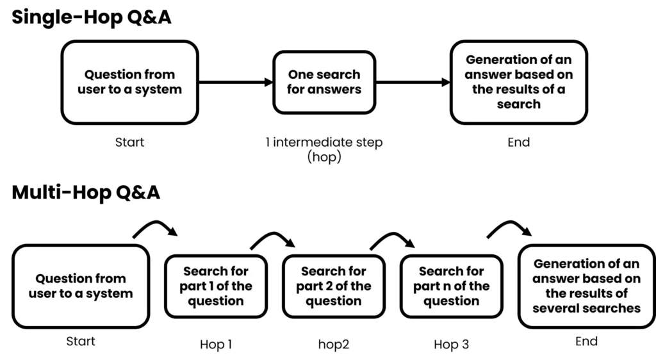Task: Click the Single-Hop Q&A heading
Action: point(92,17)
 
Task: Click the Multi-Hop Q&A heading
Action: point(86,192)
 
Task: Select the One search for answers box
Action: point(324,83)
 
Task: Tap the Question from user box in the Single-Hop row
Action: point(129,82)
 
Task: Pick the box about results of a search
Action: point(518,82)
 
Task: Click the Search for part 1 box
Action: point(215,286)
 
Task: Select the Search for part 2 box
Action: point(333,286)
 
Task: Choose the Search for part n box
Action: point(451,286)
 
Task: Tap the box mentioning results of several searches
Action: point(586,286)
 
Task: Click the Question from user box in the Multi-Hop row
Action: point(80,286)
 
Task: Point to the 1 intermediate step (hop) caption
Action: point(324,149)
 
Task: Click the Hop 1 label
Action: point(216,345)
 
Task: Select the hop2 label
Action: point(333,345)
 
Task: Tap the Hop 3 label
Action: point(451,345)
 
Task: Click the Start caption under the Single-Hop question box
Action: point(129,142)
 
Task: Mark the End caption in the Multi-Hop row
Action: point(586,341)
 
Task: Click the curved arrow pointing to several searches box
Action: point(509,227)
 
